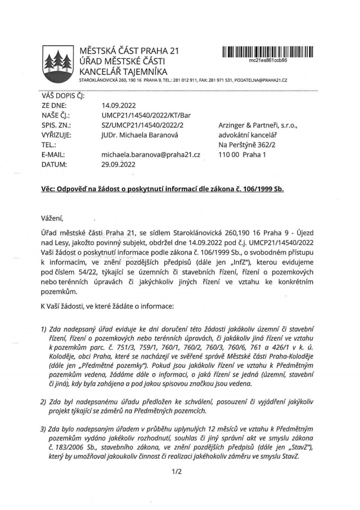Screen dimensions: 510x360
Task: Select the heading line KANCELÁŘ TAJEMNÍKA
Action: click(123, 71)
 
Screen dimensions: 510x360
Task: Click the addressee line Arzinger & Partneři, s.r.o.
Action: click(258, 125)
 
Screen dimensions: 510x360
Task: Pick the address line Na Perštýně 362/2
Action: click(245, 144)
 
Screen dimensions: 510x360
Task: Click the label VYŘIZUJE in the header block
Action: click(56, 135)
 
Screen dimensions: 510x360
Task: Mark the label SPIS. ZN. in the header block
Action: click(56, 125)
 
